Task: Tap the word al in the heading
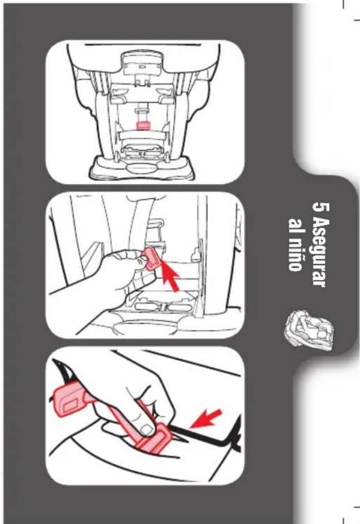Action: pyautogui.click(x=296, y=226)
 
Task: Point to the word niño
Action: pyautogui.click(x=296, y=255)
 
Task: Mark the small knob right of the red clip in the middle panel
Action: pyautogui.click(x=196, y=256)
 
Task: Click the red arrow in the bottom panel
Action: pyautogui.click(x=205, y=419)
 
